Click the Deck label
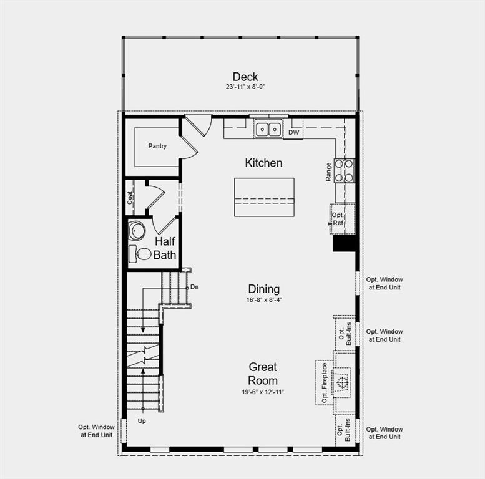(245, 77)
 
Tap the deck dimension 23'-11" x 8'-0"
(245, 87)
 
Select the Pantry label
(157, 146)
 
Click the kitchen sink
(269, 130)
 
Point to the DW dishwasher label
(293, 132)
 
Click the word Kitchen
(263, 163)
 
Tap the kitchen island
(264, 197)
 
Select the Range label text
(328, 172)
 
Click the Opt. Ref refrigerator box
(338, 219)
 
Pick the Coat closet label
(130, 198)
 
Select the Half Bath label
(165, 248)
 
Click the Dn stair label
(195, 287)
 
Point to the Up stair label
(141, 421)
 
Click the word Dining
(263, 289)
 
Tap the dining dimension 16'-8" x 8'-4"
(263, 299)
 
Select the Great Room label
(263, 374)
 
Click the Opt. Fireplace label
(325, 382)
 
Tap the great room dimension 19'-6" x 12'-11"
(263, 392)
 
